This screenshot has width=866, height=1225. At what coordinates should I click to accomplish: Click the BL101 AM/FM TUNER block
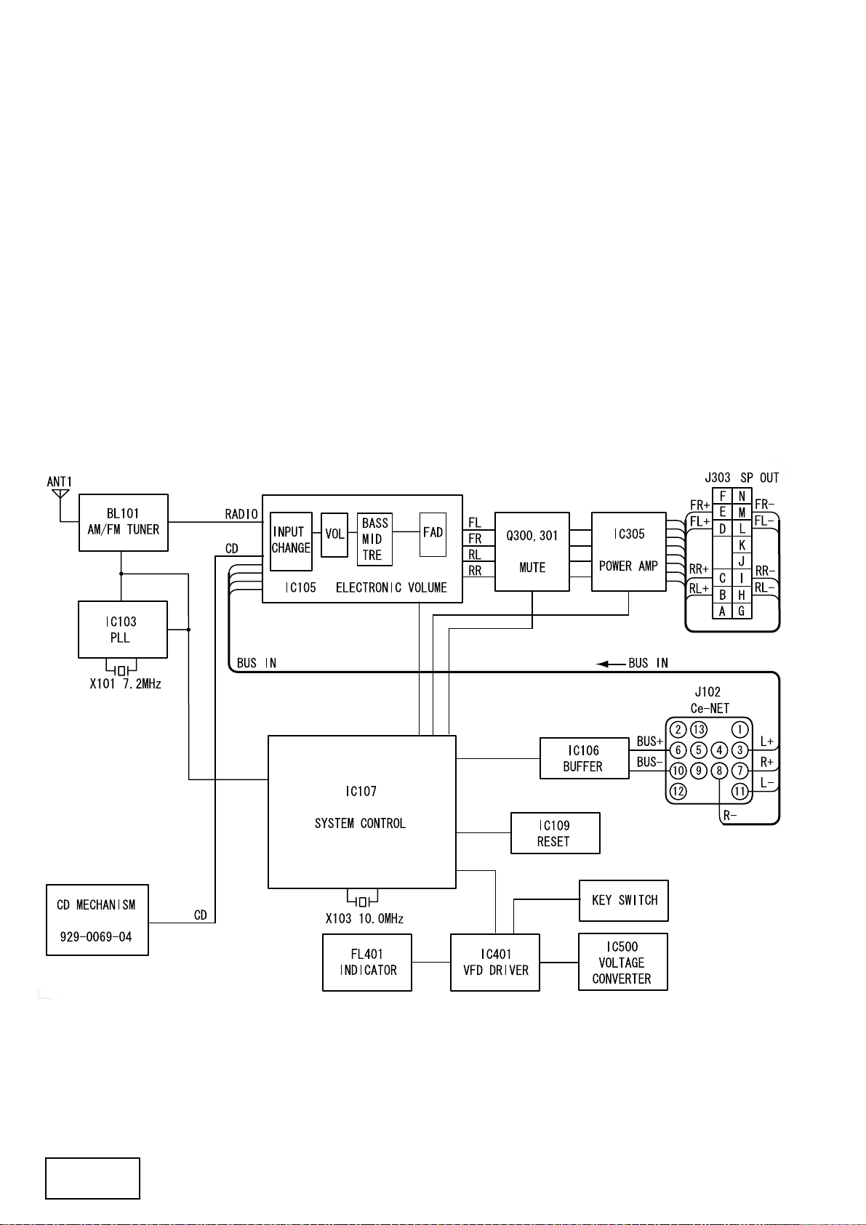pyautogui.click(x=123, y=522)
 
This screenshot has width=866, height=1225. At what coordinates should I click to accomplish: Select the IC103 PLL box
pyautogui.click(x=123, y=629)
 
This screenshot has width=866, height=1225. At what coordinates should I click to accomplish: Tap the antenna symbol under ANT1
pyautogui.click(x=60, y=494)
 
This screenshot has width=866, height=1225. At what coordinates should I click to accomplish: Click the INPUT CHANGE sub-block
pyautogui.click(x=291, y=541)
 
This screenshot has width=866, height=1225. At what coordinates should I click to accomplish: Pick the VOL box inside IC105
pyautogui.click(x=334, y=534)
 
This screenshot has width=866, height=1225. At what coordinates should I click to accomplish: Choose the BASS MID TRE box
pyautogui.click(x=374, y=539)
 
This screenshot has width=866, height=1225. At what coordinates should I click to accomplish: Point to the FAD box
pyautogui.click(x=433, y=534)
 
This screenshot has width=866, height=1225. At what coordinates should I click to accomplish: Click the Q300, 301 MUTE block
pyautogui.click(x=532, y=551)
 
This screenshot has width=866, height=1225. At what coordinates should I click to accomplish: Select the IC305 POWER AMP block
pyautogui.click(x=628, y=551)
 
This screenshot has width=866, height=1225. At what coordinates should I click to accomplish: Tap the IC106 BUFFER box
pyautogui.click(x=585, y=758)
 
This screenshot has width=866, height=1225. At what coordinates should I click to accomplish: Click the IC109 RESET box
pyautogui.click(x=556, y=833)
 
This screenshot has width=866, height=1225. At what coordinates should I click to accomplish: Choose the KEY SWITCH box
pyautogui.click(x=624, y=901)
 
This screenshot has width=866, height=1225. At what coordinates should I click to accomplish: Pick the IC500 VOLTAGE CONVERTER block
pyautogui.click(x=623, y=962)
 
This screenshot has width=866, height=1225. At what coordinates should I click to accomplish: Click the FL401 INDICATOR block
pyautogui.click(x=367, y=963)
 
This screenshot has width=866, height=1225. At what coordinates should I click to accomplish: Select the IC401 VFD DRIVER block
pyautogui.click(x=495, y=963)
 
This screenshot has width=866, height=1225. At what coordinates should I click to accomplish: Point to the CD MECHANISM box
pyautogui.click(x=97, y=920)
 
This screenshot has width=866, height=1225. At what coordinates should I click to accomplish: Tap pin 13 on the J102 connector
pyautogui.click(x=699, y=729)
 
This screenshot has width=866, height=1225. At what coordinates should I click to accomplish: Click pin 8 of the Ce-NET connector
pyautogui.click(x=719, y=771)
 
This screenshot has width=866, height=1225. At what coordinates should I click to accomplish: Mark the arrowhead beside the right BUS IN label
pyautogui.click(x=603, y=664)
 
